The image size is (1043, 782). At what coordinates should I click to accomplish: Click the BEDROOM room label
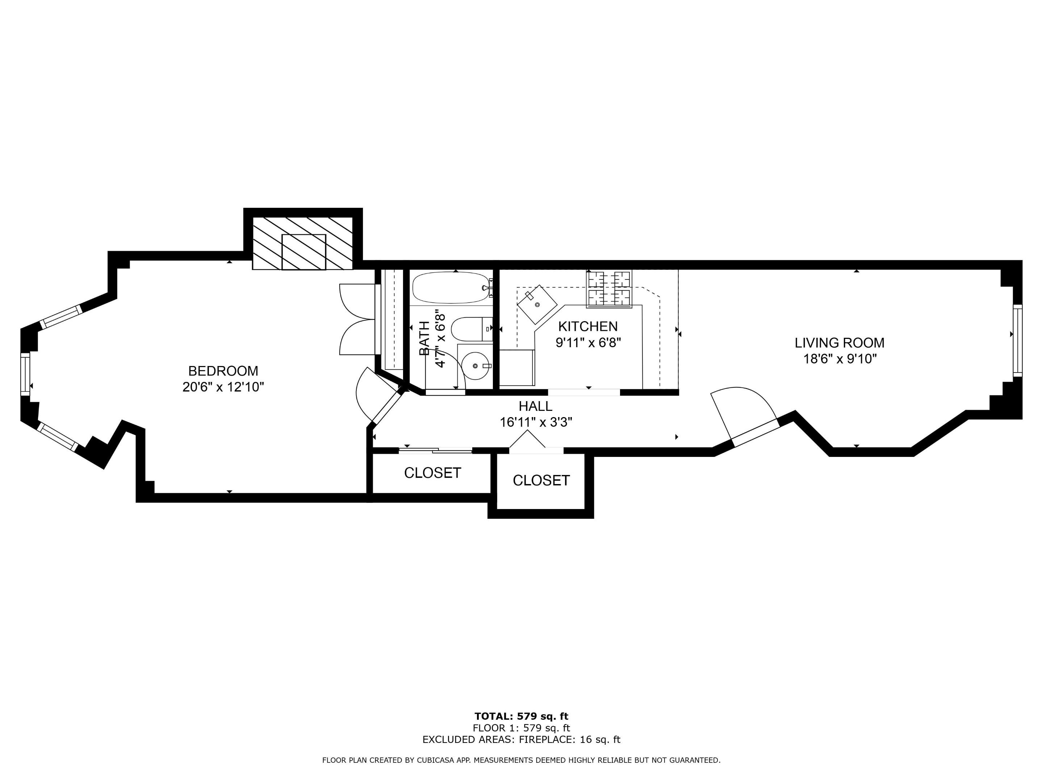click(x=223, y=371)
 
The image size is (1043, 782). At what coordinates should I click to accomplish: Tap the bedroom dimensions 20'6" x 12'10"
click(x=223, y=387)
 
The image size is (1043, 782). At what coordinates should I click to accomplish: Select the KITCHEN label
click(x=587, y=326)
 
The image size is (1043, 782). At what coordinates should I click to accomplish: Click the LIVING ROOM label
click(x=839, y=343)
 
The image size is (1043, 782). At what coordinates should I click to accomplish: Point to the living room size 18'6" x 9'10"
click(x=839, y=359)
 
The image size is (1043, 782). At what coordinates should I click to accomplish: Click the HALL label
click(x=535, y=406)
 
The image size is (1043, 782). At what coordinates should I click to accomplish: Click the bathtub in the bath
click(x=450, y=287)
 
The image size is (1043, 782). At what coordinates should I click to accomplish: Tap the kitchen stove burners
click(x=608, y=289)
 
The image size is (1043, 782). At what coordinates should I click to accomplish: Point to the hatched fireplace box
click(x=303, y=244)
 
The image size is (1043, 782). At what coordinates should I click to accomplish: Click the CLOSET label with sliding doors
click(x=432, y=473)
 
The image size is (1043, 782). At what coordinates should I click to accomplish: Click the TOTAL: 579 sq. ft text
click(x=521, y=716)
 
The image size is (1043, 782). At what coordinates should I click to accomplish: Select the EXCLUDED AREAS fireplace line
click(x=521, y=740)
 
